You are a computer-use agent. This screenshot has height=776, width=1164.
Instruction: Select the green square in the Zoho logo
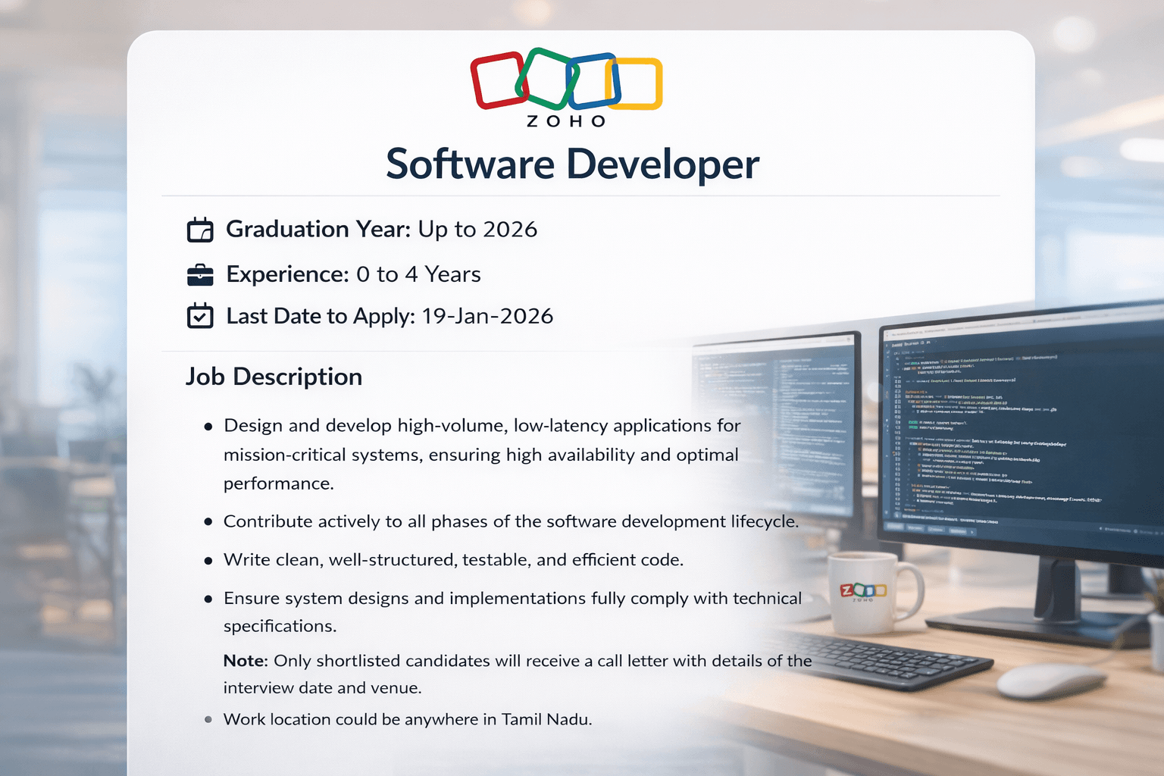click(544, 77)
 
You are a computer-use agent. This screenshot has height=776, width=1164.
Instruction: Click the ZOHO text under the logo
click(566, 121)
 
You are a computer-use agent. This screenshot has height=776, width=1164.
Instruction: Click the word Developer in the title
click(662, 164)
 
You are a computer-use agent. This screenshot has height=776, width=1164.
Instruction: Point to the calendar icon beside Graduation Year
click(200, 230)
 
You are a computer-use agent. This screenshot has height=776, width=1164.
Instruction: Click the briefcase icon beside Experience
click(200, 274)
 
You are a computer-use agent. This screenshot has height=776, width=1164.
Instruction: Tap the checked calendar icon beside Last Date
click(200, 316)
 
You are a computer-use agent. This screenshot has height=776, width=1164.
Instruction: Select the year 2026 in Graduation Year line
click(509, 230)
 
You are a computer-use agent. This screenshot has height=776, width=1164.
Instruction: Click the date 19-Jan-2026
click(487, 316)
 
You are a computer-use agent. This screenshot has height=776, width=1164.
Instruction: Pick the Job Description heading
click(274, 377)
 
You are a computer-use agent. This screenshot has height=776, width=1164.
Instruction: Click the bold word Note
click(245, 661)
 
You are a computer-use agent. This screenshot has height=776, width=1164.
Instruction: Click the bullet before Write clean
click(208, 561)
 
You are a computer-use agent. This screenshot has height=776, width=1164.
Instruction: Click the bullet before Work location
click(208, 720)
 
